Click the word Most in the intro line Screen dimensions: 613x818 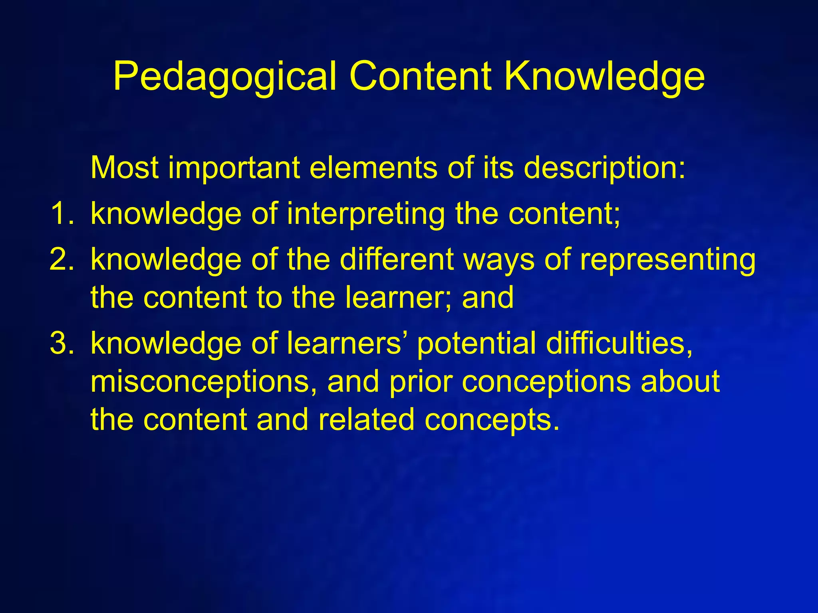point(125,168)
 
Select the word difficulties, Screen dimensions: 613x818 point(619,343)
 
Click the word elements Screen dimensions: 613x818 point(373,168)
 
